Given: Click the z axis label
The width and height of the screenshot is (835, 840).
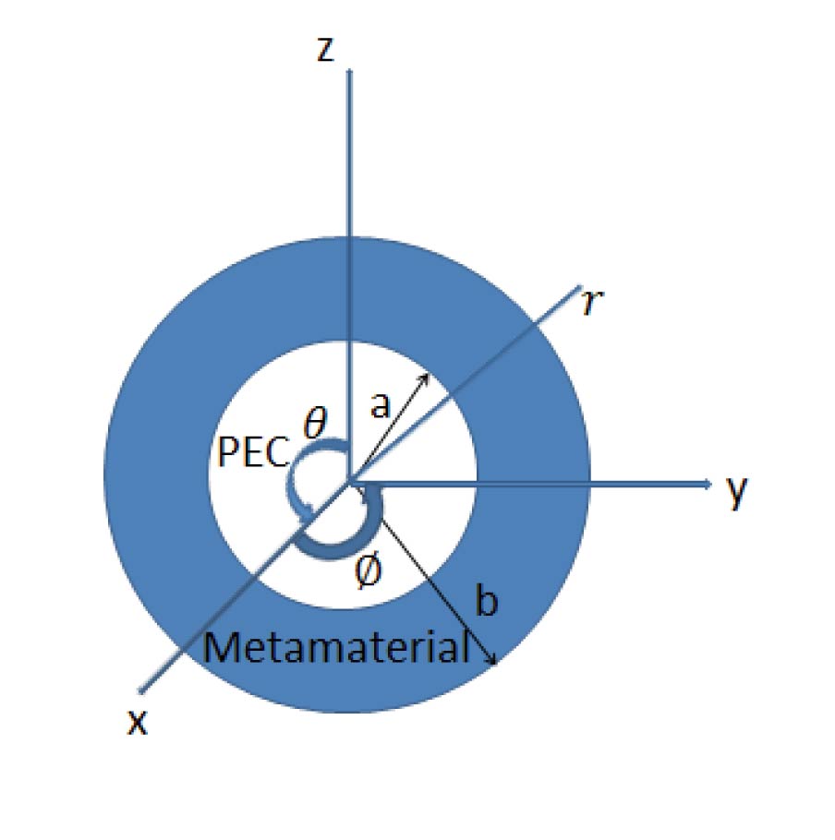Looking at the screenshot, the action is (x=326, y=49).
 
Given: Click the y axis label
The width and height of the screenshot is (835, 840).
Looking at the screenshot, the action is (x=737, y=490).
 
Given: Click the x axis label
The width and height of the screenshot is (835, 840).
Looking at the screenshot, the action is (x=138, y=722).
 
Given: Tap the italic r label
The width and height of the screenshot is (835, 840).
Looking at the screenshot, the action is (x=592, y=303).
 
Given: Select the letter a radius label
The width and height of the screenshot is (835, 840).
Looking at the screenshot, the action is (x=380, y=405).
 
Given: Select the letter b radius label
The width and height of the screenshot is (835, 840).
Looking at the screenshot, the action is (x=487, y=599).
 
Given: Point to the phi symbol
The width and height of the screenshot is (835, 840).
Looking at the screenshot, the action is (x=369, y=571).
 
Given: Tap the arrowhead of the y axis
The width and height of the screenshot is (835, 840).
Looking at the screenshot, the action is (x=708, y=485).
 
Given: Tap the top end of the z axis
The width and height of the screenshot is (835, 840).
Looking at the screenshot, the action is (x=349, y=71).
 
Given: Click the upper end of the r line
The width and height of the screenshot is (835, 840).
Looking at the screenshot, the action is (x=579, y=288).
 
